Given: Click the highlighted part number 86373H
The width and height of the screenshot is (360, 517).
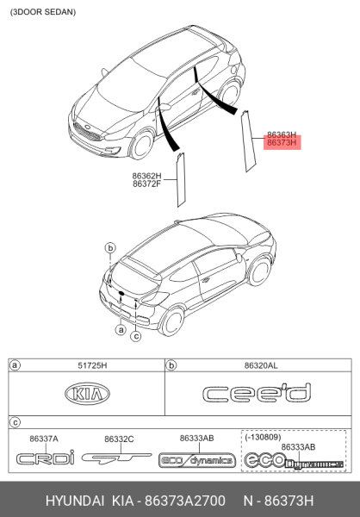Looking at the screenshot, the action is click(x=282, y=143).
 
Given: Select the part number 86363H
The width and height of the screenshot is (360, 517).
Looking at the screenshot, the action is click(x=282, y=135).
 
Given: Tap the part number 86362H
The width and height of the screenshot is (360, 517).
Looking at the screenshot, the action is click(x=147, y=176).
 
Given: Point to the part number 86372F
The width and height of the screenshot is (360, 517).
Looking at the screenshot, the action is click(x=147, y=184).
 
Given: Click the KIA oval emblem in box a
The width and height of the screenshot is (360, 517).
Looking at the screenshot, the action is click(x=87, y=394).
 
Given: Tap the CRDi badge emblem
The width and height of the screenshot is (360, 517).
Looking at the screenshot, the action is click(x=45, y=458).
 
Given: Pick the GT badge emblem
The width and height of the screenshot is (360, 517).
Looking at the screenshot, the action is click(x=117, y=458).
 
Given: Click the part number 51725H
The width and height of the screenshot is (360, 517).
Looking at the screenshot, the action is click(x=92, y=365).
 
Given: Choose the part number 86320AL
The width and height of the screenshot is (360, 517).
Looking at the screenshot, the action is click(x=261, y=365).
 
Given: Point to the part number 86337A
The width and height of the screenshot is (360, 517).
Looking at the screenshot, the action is click(x=44, y=439).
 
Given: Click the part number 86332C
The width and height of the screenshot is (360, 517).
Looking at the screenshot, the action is click(x=119, y=439).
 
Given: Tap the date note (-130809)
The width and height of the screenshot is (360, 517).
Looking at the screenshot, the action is click(x=263, y=437).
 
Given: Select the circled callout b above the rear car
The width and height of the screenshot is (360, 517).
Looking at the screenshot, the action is click(x=110, y=247).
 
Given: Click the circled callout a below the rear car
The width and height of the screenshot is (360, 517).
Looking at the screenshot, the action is click(x=121, y=329).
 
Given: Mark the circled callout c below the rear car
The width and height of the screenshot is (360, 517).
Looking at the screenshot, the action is click(x=136, y=336).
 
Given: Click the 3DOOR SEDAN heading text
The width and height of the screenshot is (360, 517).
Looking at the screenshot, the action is click(x=43, y=12).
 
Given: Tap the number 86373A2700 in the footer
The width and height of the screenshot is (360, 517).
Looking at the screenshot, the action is click(x=185, y=501).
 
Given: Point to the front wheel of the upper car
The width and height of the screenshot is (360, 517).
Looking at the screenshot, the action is click(x=142, y=145).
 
